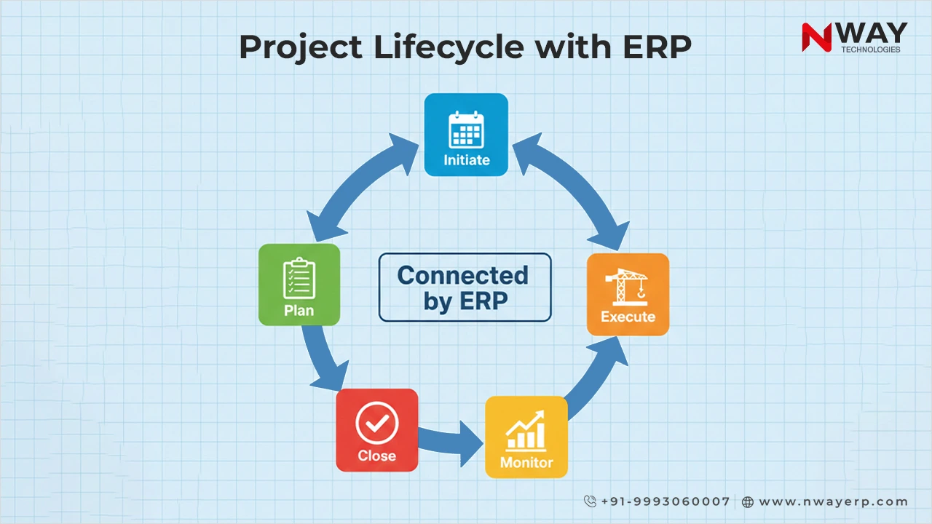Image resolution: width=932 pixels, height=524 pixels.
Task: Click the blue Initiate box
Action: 466,135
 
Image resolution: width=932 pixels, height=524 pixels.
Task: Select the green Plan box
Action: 299,285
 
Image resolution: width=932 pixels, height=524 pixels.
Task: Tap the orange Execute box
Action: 628,294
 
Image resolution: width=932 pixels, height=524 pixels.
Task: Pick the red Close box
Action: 376,430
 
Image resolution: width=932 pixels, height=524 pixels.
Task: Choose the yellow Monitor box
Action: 526,437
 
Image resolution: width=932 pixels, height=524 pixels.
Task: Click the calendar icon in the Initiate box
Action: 466,129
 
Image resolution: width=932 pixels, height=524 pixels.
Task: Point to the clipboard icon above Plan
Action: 299,278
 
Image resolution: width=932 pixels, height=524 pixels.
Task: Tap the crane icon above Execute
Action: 628,286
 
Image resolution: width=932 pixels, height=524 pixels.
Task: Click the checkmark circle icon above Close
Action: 376,423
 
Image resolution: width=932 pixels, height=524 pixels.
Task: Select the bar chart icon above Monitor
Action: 526,430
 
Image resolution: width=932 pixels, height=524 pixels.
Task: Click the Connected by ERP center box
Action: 465,287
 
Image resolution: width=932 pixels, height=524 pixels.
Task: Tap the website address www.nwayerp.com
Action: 833,501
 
